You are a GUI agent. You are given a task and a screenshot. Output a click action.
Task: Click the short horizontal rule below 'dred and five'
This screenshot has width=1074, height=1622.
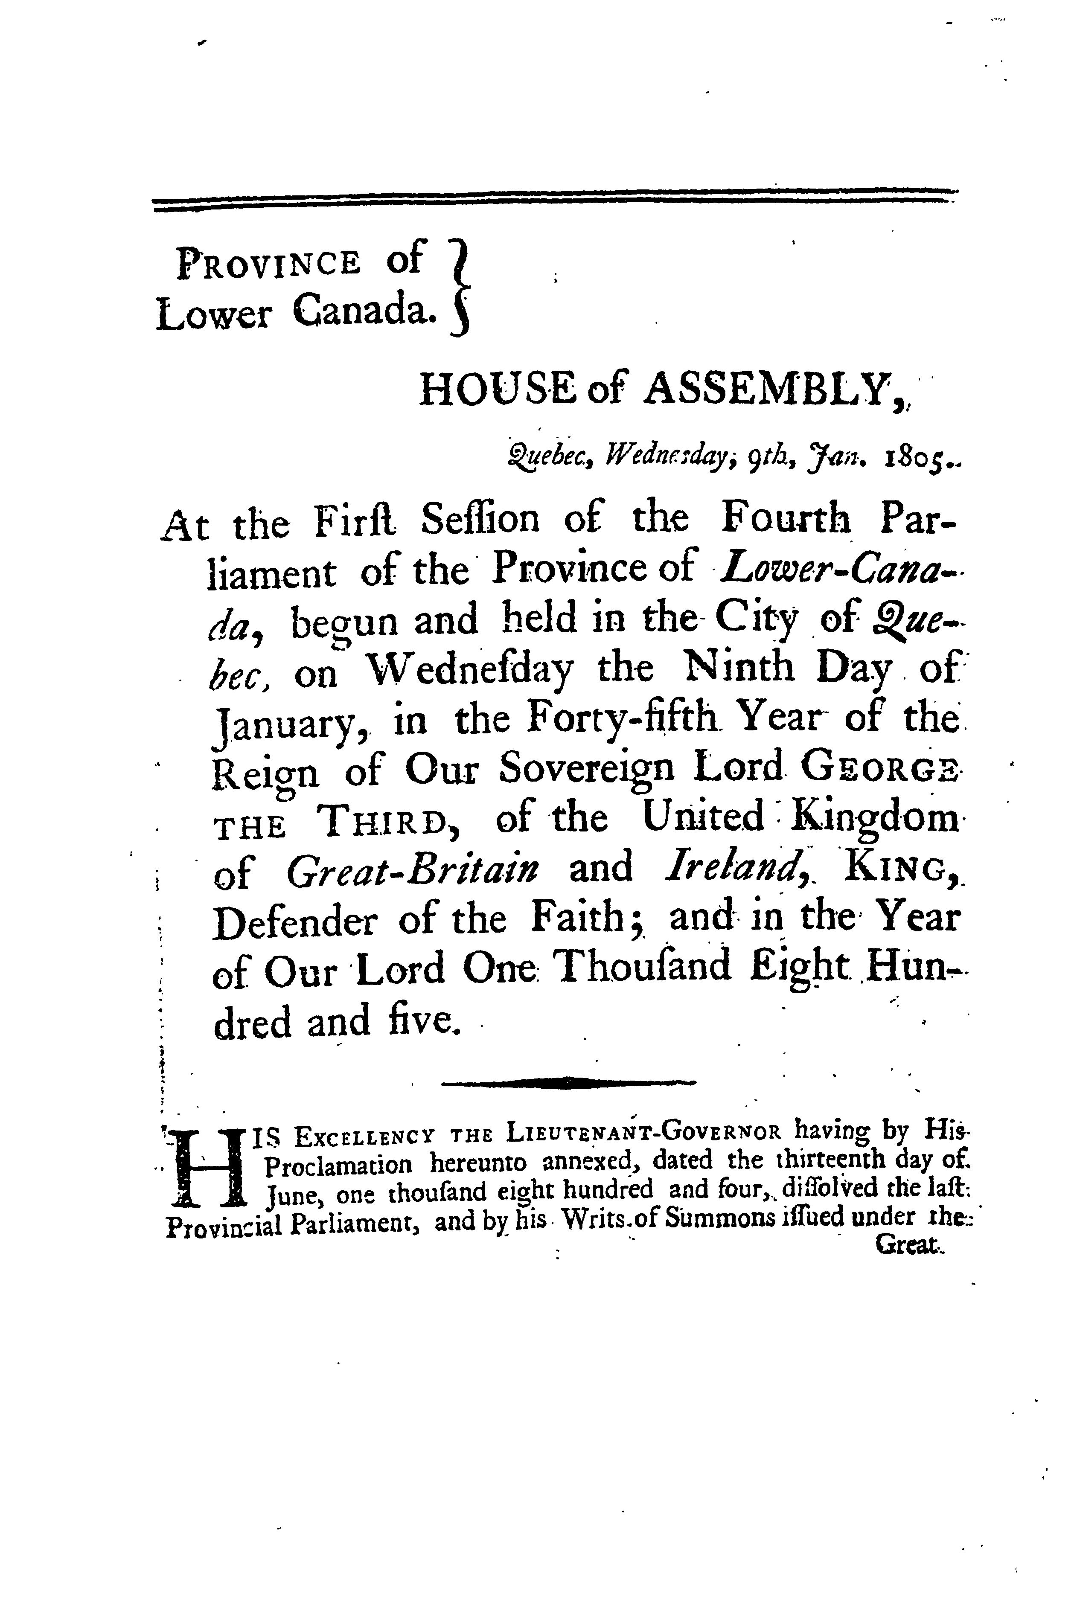point(567,1082)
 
